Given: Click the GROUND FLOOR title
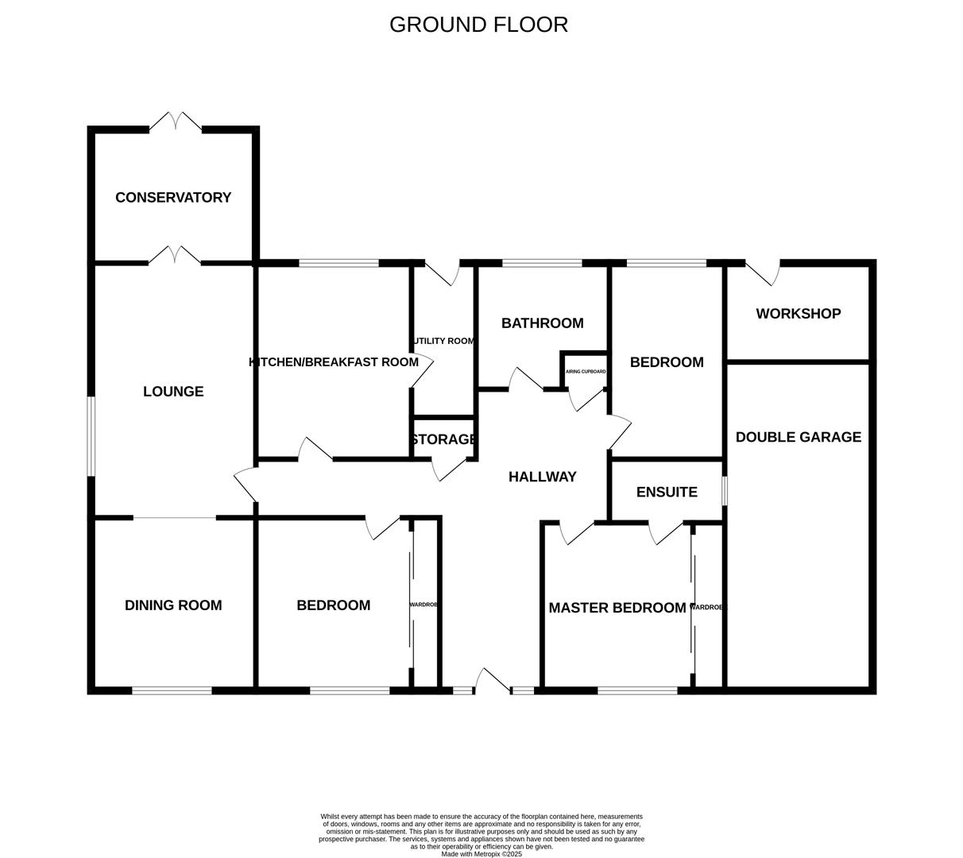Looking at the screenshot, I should pos(478,25).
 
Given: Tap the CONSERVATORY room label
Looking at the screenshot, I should pos(173,198).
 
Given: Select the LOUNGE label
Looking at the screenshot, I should pos(173,392).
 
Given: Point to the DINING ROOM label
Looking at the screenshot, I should pos(173,605).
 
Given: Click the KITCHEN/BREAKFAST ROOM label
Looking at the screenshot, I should pos(334,362).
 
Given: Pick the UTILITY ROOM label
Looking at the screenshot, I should pos(443,341).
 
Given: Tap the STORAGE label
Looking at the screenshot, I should pos(444,439).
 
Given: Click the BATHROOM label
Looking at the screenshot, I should pos(542,323).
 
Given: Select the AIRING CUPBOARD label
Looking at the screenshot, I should pos(586,372).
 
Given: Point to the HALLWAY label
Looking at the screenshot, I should pos(542,477).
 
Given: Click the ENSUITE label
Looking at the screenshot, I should pos(667,492).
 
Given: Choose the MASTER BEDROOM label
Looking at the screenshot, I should pos(617,608).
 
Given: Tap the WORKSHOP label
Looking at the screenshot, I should pos(798,314).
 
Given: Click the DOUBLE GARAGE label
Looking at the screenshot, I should pos(798,437).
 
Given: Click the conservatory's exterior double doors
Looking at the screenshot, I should pos(176,123).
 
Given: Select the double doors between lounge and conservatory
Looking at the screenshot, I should pos(175,257).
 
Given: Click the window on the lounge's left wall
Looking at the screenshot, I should pos(91,436).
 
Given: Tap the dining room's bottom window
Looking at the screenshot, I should pos(172,690).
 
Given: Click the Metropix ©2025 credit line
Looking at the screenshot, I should pos(481,854).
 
